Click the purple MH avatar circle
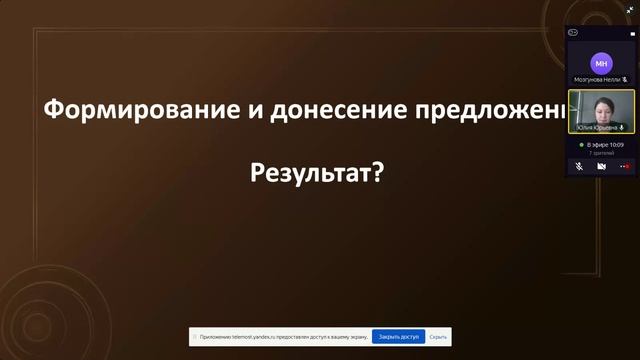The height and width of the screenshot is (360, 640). pyautogui.click(x=601, y=62)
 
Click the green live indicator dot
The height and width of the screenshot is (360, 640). pyautogui.click(x=581, y=144)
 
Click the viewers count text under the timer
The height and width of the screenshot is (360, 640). pyautogui.click(x=601, y=153)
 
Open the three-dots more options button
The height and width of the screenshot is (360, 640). pyautogui.click(x=625, y=167)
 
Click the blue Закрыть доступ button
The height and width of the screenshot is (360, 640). pyautogui.click(x=398, y=337)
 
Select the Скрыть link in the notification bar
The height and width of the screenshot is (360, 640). pyautogui.click(x=438, y=337)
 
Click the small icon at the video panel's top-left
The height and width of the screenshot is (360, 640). pyautogui.click(x=573, y=32)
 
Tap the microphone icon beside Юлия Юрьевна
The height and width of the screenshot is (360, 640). pyautogui.click(x=622, y=128)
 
